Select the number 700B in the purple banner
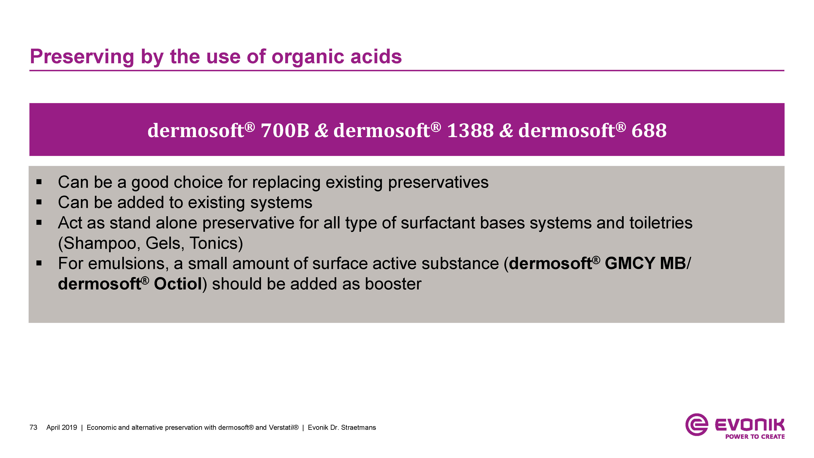(x=285, y=130)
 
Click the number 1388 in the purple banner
(x=470, y=130)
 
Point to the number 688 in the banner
(x=649, y=130)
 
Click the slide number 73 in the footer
(x=33, y=428)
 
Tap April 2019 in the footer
(x=62, y=428)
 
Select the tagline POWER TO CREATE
(x=755, y=437)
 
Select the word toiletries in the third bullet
(x=661, y=223)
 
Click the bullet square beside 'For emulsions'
(x=39, y=263)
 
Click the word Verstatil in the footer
(x=283, y=428)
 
